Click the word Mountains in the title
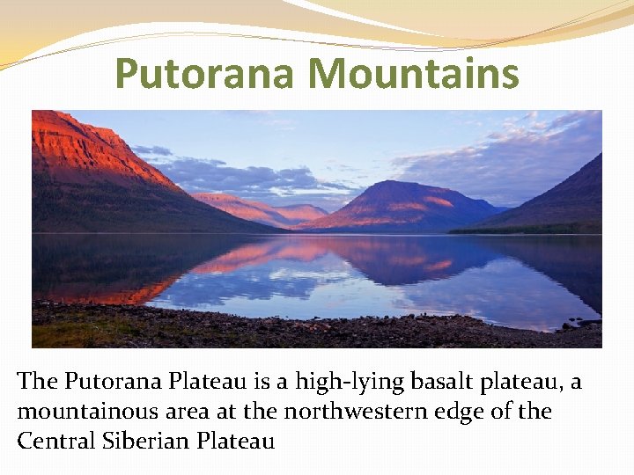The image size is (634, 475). click(x=413, y=74)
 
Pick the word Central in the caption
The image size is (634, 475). click(x=55, y=441)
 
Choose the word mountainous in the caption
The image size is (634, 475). click(x=88, y=412)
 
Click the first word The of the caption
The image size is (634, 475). click(x=36, y=383)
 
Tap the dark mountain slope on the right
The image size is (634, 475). click(x=564, y=202)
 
